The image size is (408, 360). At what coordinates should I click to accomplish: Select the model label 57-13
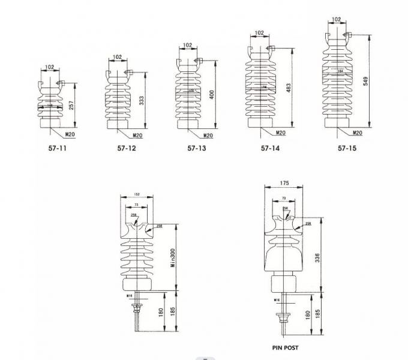pos(196,148)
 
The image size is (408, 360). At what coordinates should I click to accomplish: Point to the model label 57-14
pos(270,148)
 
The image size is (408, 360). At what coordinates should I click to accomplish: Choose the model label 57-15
pos(347,148)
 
